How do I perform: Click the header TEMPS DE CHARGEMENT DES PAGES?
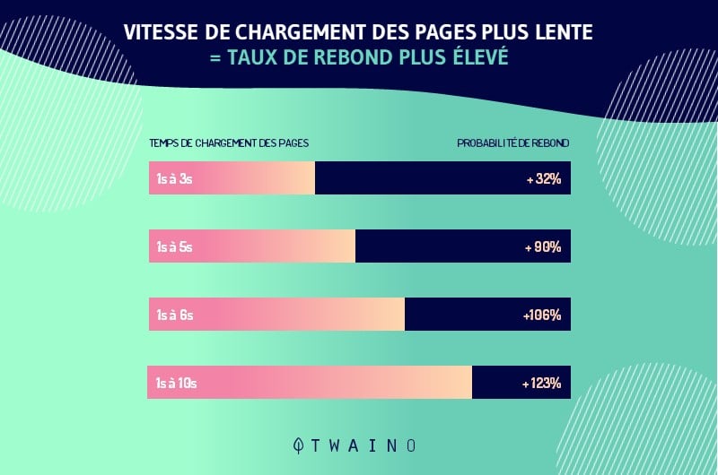point(229,142)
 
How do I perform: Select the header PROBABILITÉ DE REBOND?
point(512,142)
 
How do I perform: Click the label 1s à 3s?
point(174,179)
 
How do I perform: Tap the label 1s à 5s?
point(174,246)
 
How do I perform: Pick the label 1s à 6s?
point(174,315)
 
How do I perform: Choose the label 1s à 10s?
point(176,383)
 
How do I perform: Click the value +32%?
point(544,179)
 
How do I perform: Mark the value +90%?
point(543,246)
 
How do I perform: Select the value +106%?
point(541,315)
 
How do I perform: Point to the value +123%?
point(541,383)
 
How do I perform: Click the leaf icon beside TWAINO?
point(300,445)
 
